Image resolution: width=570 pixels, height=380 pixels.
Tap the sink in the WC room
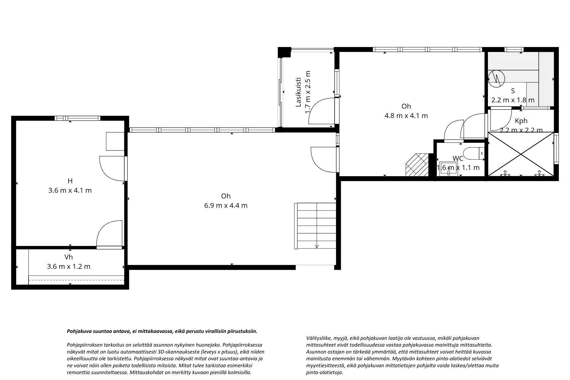(449, 168)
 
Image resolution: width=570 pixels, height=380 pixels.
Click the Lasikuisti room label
(298, 92)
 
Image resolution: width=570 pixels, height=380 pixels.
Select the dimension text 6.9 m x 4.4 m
(226, 205)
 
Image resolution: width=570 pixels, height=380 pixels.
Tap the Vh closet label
(69, 257)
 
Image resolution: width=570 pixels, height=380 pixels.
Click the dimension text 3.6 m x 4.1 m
(70, 190)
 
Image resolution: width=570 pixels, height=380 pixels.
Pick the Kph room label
(521, 121)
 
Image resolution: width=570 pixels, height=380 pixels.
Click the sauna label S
(513, 91)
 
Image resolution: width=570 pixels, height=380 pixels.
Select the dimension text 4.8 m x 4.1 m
(406, 116)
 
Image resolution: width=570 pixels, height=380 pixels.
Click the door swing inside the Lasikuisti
(321, 111)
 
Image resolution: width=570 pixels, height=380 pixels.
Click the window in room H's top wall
(78, 118)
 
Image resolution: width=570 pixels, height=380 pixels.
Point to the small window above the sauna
(514, 49)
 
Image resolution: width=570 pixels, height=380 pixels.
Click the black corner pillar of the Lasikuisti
(284, 52)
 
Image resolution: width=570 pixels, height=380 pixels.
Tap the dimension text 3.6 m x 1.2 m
(69, 267)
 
